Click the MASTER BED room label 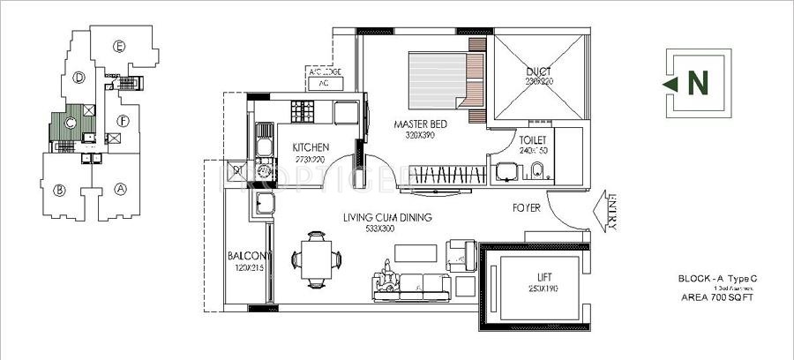click(421, 124)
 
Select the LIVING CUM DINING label click(387, 217)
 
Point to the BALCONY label click(249, 255)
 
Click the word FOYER click(527, 209)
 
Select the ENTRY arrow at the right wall click(610, 211)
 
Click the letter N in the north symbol click(697, 83)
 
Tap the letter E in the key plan click(119, 47)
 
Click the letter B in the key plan click(60, 189)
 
